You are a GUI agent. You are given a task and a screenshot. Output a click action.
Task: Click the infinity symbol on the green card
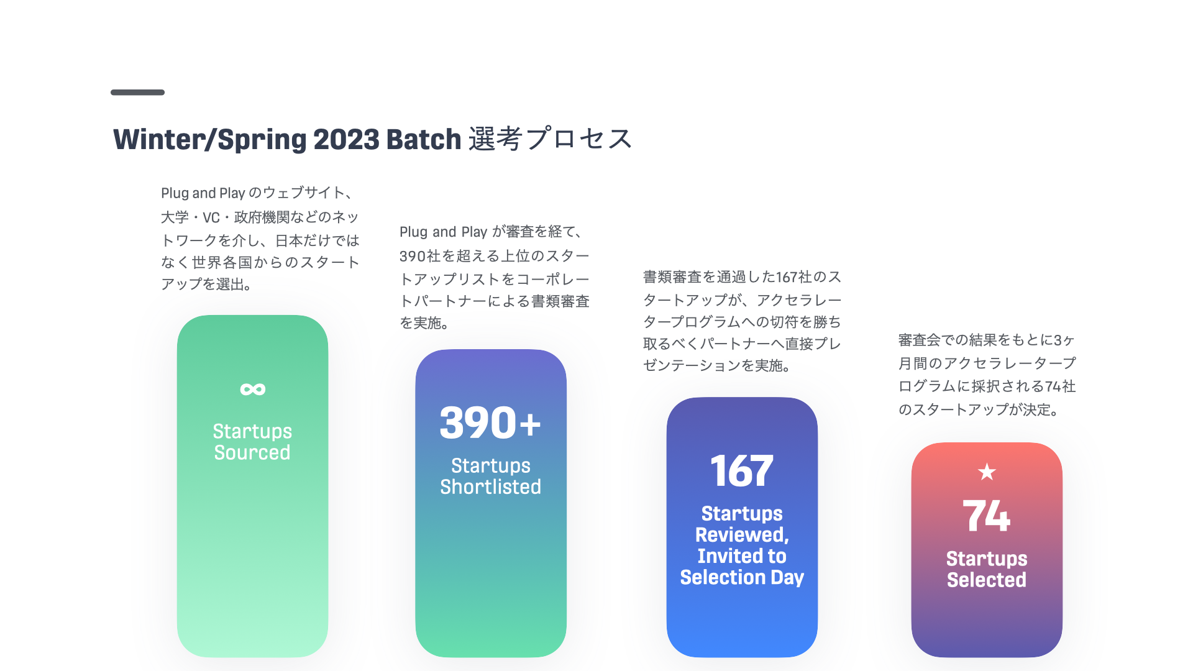(253, 390)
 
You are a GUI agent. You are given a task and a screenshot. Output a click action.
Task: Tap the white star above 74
(987, 472)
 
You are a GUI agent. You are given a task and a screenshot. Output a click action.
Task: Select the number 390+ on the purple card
(490, 423)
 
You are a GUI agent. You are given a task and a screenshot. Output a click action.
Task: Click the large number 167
(742, 471)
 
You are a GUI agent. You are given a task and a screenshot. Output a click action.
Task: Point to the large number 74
(987, 516)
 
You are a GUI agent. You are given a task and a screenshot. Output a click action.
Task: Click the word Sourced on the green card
(252, 452)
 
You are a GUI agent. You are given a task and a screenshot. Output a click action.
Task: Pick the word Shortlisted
(491, 486)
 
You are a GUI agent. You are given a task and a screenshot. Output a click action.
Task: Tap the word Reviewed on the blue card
(741, 535)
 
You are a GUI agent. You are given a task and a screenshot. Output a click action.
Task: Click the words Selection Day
(742, 578)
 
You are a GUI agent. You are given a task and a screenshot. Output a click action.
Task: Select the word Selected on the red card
(987, 580)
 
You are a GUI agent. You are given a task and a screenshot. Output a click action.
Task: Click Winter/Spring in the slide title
(209, 139)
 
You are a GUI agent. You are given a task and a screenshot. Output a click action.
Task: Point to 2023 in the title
(346, 139)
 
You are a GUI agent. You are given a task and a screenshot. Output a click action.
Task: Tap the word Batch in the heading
(424, 139)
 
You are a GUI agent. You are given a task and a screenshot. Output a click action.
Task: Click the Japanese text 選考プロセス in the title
(551, 139)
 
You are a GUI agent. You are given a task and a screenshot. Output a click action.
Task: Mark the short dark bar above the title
(137, 93)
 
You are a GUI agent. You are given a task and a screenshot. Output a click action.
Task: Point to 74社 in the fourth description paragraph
(1061, 386)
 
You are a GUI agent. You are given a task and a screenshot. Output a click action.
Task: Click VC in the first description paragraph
(211, 217)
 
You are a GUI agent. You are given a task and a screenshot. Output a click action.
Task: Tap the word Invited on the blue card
(742, 556)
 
